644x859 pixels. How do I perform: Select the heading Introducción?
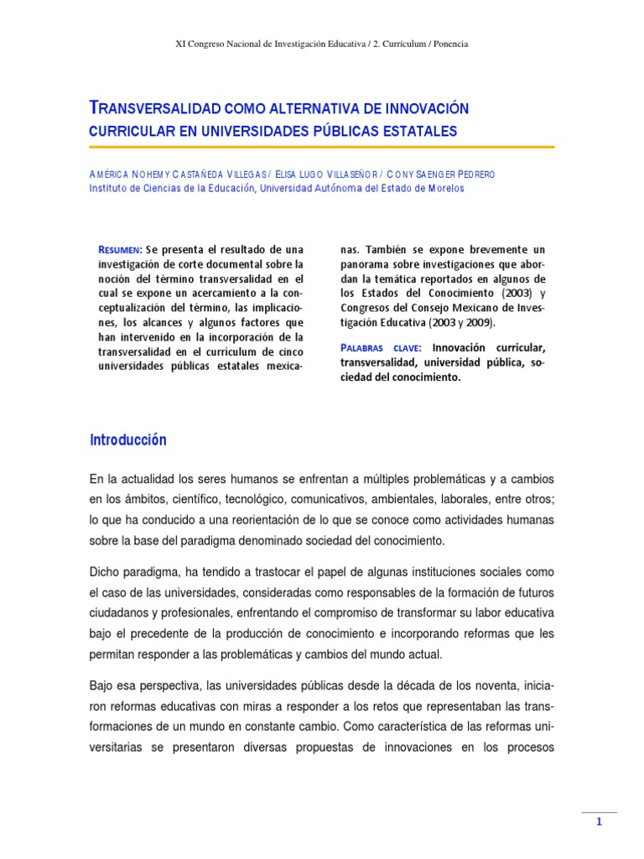click(x=128, y=440)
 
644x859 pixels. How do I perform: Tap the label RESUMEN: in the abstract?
click(x=121, y=249)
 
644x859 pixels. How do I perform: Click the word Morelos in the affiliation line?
click(x=439, y=189)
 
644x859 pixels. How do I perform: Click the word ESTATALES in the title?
click(x=417, y=131)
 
